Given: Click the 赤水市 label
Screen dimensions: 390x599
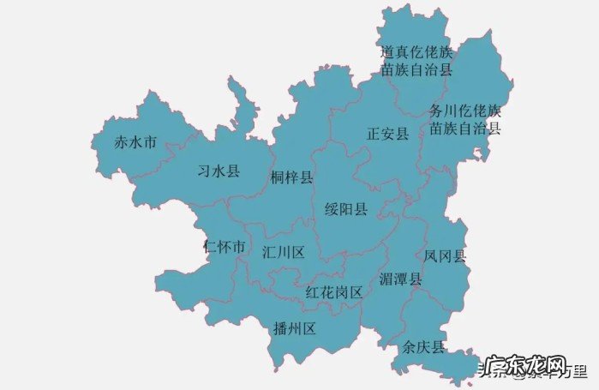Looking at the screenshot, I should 135,143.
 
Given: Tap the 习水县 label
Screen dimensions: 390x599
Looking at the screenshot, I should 219,171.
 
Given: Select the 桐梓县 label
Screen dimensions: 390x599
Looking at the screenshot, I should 291,177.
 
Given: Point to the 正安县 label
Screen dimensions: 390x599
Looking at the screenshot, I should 387,135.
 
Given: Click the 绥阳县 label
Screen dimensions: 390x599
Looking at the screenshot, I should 346,209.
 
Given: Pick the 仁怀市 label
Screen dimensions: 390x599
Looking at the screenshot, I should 225,247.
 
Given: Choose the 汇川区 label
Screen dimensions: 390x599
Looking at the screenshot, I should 284,252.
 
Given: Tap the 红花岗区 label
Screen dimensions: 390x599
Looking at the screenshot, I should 334,292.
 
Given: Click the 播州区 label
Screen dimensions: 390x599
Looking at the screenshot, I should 295,328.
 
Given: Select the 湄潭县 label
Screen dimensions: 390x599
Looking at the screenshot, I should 400,279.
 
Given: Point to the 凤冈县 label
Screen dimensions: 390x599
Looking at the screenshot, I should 445,255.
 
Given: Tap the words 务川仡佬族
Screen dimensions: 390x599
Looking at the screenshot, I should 465,111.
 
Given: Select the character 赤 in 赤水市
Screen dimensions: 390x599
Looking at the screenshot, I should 122,143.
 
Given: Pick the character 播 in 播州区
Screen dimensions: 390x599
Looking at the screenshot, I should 280,328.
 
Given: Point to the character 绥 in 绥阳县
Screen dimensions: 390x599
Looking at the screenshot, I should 332,209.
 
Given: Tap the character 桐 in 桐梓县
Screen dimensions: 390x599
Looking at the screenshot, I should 277,177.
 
